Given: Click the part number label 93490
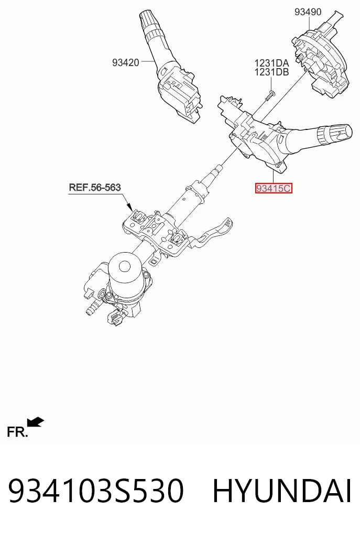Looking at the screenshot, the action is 308,12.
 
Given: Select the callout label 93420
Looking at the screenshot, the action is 125,62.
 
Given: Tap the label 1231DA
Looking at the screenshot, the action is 271,63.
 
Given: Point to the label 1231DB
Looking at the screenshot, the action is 271,72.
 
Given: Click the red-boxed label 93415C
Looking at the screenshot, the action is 274,188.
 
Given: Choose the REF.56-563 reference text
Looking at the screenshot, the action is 95,187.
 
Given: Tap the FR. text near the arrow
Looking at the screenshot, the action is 17,432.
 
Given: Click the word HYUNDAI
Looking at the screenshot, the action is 282,491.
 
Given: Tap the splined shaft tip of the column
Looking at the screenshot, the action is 218,169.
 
